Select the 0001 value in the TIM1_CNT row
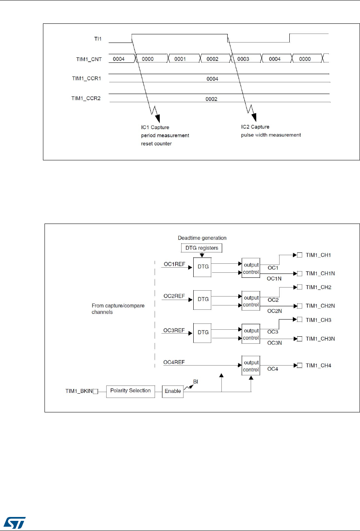click(180, 59)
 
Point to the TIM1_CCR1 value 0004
click(212, 79)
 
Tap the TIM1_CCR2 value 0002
click(211, 99)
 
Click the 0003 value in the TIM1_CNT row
click(243, 59)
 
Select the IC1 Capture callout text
click(155, 127)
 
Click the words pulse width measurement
click(271, 135)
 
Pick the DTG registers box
click(202, 248)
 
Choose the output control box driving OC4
click(251, 366)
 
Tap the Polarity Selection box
click(130, 391)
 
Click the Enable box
click(173, 391)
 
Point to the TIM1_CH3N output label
click(320, 339)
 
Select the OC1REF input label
click(174, 264)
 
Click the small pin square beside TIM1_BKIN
click(95, 391)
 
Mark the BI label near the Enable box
click(196, 382)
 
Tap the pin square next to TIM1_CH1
click(299, 255)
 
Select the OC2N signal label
click(274, 311)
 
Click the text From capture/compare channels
click(118, 309)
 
